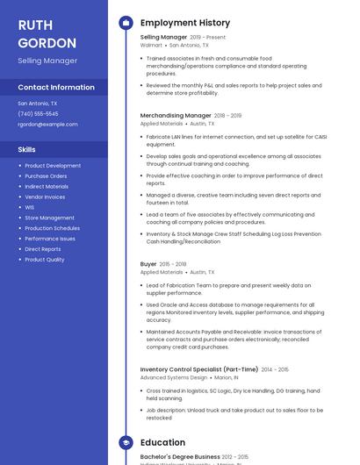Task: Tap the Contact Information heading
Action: click(x=56, y=87)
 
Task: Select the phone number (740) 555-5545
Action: click(x=38, y=113)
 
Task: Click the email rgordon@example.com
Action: click(x=47, y=124)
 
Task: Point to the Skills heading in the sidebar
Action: click(x=26, y=149)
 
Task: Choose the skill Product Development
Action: click(x=53, y=166)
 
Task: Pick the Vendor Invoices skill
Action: click(x=45, y=197)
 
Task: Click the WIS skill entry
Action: click(x=30, y=207)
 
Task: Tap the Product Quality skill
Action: click(x=45, y=260)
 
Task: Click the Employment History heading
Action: click(x=185, y=23)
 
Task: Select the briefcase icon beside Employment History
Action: click(x=126, y=23)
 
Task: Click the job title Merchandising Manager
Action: click(x=176, y=115)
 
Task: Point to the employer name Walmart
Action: click(x=150, y=45)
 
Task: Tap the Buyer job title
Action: click(x=148, y=264)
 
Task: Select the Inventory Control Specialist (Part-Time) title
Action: click(x=199, y=369)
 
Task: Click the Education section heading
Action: click(x=162, y=442)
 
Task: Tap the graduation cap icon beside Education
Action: click(x=126, y=442)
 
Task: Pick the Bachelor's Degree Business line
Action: click(x=180, y=456)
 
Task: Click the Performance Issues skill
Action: click(x=50, y=239)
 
